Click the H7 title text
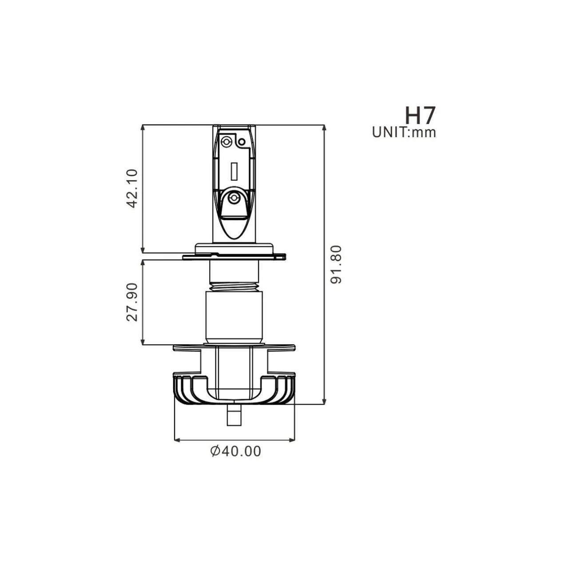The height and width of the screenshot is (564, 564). pos(420,115)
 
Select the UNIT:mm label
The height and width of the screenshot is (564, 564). pos(404,132)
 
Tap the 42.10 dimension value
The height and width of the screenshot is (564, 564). pos(133,188)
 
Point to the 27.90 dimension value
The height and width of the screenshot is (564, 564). pos(132,302)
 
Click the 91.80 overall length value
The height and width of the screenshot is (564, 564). pos(336,264)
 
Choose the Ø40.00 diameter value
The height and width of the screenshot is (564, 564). pos(235,451)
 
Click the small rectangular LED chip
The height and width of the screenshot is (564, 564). pos(234,171)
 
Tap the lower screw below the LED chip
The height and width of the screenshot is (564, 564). pos(234,198)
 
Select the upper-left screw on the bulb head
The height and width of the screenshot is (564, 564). pos(225,142)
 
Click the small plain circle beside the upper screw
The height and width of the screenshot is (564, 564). pos(242,142)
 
